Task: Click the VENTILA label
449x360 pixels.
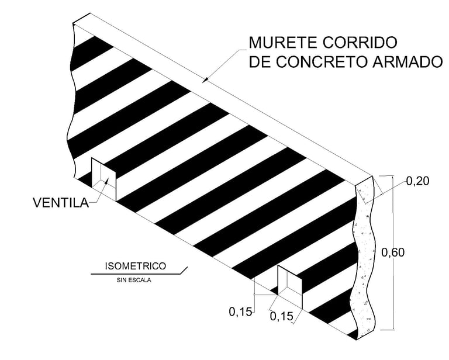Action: point(60,203)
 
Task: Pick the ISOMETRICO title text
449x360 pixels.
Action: point(135,266)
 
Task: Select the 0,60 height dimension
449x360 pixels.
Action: point(393,252)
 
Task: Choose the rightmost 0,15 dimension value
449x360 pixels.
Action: point(282,317)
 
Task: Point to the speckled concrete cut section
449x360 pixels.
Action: point(365,257)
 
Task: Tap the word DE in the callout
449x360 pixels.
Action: point(259,62)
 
